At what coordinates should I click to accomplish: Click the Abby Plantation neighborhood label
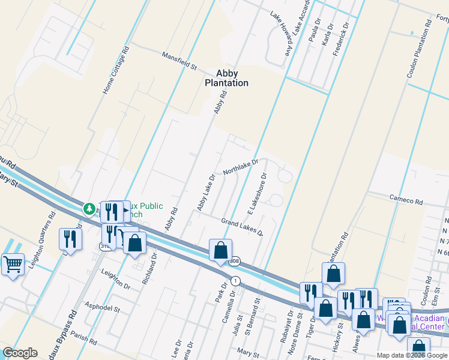(x=227, y=79)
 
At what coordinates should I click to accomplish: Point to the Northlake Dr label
(x=240, y=167)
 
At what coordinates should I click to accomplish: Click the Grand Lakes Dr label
(x=242, y=227)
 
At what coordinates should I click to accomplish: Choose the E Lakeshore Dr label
(x=257, y=194)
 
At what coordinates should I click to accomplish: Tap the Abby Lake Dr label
(x=206, y=193)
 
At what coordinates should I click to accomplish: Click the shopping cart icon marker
(x=13, y=263)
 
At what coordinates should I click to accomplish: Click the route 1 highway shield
(x=236, y=281)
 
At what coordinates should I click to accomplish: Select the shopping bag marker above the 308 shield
(x=220, y=249)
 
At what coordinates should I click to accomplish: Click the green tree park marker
(x=89, y=208)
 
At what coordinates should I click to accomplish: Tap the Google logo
(x=20, y=352)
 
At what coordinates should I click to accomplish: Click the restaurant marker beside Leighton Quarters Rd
(x=70, y=239)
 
